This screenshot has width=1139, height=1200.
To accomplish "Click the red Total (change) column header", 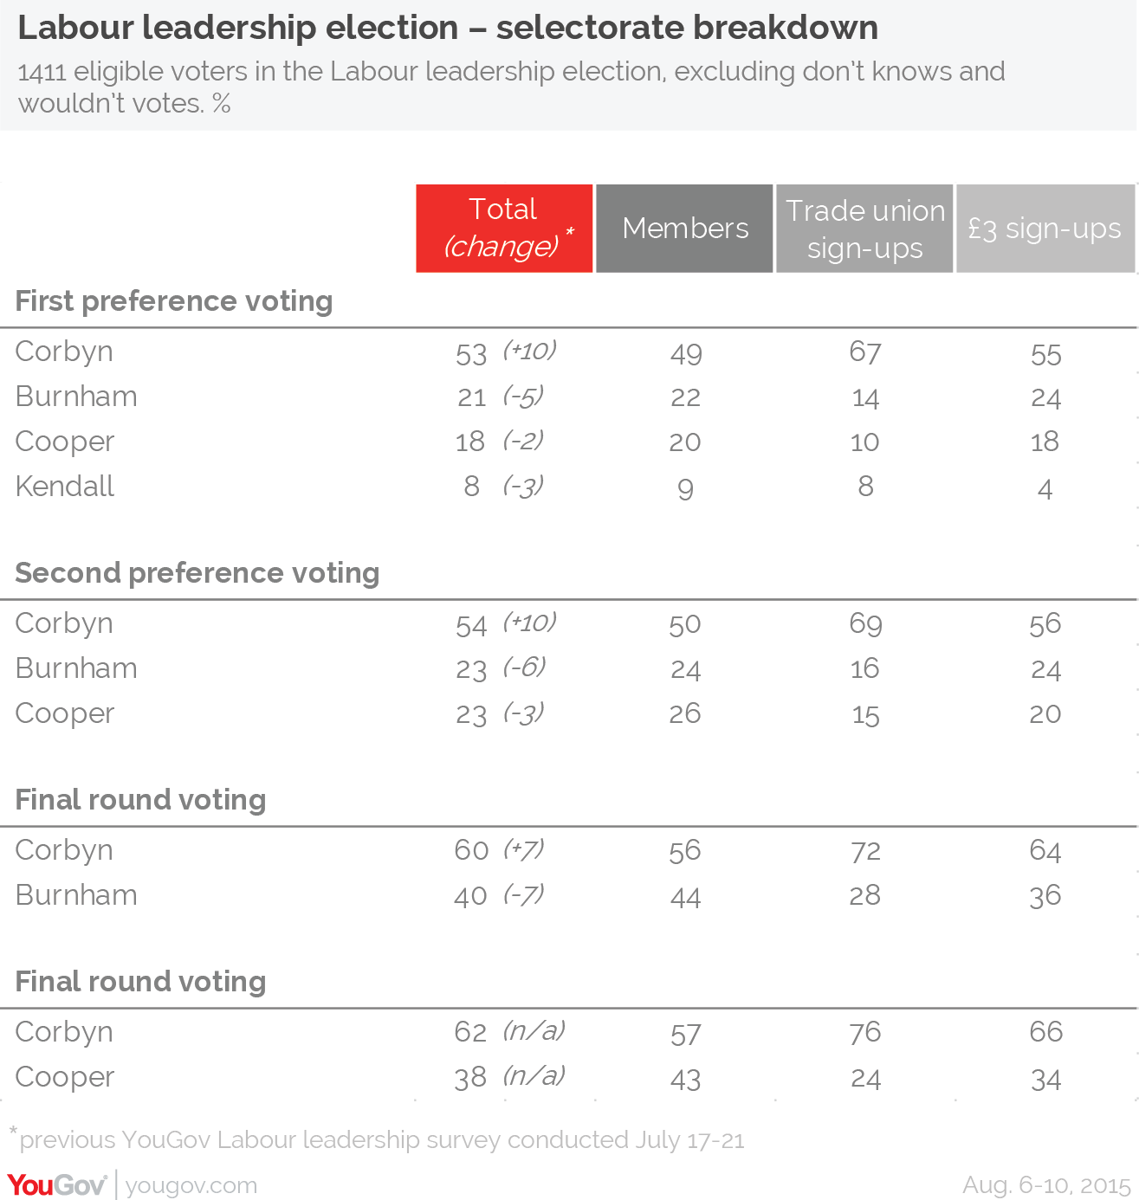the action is click(x=504, y=229).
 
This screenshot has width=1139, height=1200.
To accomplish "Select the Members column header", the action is click(x=684, y=229).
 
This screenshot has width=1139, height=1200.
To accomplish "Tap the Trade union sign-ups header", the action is click(x=864, y=229).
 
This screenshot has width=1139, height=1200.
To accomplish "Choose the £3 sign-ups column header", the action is click(x=1045, y=229).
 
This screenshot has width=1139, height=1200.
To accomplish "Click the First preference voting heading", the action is click(x=174, y=301).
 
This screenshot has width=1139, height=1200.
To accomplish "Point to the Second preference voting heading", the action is click(x=197, y=573).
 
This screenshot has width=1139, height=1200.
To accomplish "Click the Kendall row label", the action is click(x=65, y=487).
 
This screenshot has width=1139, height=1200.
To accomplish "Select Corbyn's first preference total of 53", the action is click(x=471, y=355).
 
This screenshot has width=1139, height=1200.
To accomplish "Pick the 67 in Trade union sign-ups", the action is click(x=864, y=352).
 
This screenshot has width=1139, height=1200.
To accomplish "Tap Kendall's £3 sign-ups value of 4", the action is click(x=1045, y=489).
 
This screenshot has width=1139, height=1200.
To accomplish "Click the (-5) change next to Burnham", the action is click(x=523, y=397).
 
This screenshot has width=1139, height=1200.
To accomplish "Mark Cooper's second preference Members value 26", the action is click(x=684, y=713).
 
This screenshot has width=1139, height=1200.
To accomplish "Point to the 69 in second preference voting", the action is click(x=865, y=624).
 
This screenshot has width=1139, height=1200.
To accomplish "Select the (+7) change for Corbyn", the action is click(x=523, y=849).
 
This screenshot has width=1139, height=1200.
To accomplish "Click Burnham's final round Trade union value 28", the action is click(x=864, y=896).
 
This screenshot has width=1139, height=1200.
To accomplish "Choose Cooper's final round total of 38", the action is click(x=470, y=1078).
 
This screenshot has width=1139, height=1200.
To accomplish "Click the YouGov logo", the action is click(x=57, y=1184).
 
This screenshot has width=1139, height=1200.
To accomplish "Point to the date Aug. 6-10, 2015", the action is click(x=1047, y=1185).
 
